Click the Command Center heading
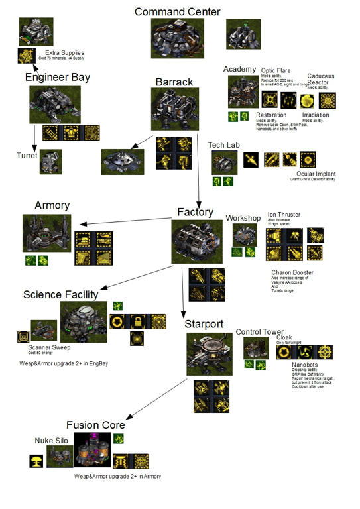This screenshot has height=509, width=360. [x=177, y=11]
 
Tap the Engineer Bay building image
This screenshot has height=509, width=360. [x=55, y=104]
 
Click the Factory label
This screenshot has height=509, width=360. [x=195, y=212]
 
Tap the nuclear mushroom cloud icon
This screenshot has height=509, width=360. [x=37, y=460]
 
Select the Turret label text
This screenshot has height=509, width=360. [x=27, y=156]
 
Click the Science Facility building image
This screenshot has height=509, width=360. [x=83, y=322]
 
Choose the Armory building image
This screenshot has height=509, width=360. [x=46, y=233]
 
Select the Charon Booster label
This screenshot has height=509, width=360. [x=292, y=272]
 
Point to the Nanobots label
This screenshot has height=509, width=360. [x=306, y=365]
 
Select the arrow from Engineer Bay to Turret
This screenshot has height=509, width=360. [x=34, y=137]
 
